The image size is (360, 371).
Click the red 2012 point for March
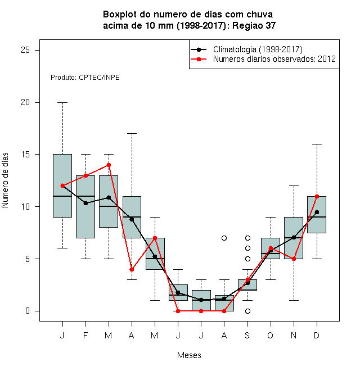pos(109,165)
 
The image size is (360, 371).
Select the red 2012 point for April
pos(132,269)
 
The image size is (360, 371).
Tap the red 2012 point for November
pos(294,259)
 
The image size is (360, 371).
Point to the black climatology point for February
pos(85,203)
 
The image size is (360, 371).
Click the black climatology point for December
pos(317,212)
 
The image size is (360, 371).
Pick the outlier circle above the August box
pos(224,238)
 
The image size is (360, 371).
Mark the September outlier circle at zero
pos(247,311)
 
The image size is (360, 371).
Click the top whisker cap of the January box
pos(62,103)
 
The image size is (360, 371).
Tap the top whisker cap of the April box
pos(132,134)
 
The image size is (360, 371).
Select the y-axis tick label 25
pos(25,50)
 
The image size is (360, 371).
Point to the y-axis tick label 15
pos(25,154)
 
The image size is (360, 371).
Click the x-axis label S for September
pos(247,335)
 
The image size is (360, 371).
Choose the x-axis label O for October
pos(270,335)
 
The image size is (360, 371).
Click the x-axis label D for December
pos(317,335)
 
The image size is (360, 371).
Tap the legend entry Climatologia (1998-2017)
pos(258,49)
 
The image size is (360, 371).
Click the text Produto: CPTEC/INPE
pos(85,78)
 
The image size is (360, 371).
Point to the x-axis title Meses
pos(189,355)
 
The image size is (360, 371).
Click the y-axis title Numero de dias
pos(5,180)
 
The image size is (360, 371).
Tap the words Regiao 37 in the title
pos(254,25)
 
